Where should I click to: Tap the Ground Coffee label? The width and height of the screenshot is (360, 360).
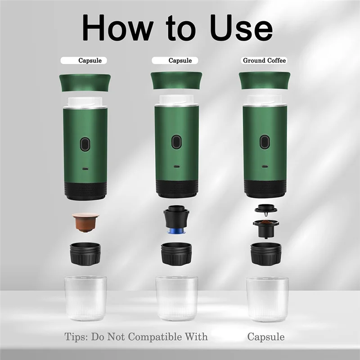tap(264, 60)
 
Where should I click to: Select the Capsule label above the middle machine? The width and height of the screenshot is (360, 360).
tap(180, 60)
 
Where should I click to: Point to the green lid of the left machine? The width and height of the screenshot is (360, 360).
tap(85, 81)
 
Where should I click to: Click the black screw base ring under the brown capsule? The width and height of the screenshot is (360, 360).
tap(85, 254)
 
